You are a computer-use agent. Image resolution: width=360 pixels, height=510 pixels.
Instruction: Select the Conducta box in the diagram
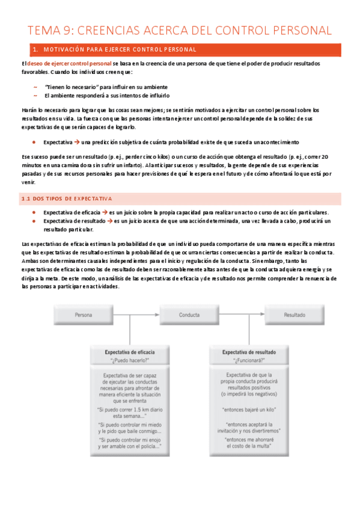click(189, 315)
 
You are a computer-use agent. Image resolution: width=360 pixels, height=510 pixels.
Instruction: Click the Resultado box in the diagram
click(294, 315)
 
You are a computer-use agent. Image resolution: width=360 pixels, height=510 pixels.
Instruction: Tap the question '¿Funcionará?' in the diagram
click(249, 360)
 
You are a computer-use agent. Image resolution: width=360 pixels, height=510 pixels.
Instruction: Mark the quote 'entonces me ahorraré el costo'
click(249, 443)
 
